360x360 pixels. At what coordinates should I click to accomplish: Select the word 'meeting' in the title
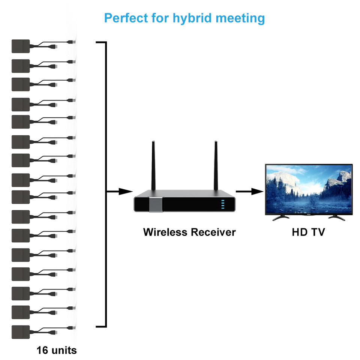point(244,18)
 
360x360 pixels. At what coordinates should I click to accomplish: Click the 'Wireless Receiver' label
point(189,232)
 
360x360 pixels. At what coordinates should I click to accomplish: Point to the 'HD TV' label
point(308,232)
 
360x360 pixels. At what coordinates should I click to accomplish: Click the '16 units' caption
point(57,350)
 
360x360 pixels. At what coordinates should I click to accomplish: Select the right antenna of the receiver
point(216,165)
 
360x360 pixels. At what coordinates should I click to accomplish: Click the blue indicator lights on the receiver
point(222,204)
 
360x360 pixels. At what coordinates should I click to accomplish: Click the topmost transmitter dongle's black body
point(21,46)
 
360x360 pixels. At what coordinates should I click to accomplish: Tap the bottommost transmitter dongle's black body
point(21,332)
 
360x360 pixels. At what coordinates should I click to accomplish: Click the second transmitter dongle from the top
point(21,66)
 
